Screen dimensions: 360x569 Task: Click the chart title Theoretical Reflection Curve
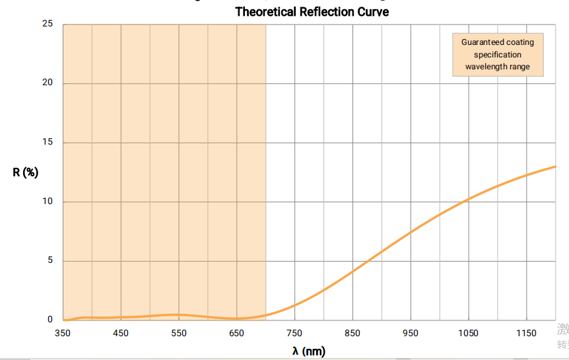pyautogui.click(x=312, y=12)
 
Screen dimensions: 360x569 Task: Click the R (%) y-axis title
pyautogui.click(x=26, y=172)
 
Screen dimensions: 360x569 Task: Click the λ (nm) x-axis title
pyautogui.click(x=309, y=351)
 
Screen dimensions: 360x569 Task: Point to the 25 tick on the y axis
pyautogui.click(x=48, y=24)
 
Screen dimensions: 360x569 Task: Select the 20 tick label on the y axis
pyautogui.click(x=48, y=83)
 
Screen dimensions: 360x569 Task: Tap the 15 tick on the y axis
pyautogui.click(x=48, y=143)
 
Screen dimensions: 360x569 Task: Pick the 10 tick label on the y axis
pyautogui.click(x=48, y=201)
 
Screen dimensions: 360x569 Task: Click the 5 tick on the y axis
pyautogui.click(x=50, y=261)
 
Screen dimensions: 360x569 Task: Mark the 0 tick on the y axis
pyautogui.click(x=50, y=320)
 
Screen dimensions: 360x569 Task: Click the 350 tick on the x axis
pyautogui.click(x=63, y=333)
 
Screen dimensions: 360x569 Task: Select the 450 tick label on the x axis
pyautogui.click(x=121, y=333)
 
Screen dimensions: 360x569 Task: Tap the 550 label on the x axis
pyautogui.click(x=179, y=333)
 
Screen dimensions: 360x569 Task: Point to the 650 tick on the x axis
pyautogui.click(x=237, y=333)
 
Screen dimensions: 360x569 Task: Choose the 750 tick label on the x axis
pyautogui.click(x=295, y=333)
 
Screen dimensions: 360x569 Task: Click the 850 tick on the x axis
pyautogui.click(x=352, y=333)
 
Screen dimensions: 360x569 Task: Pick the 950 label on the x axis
pyautogui.click(x=411, y=333)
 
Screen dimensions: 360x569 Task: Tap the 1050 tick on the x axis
pyautogui.click(x=469, y=333)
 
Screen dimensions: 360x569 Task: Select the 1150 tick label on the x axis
pyautogui.click(x=527, y=333)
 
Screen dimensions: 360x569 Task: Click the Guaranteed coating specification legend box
pyautogui.click(x=498, y=54)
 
